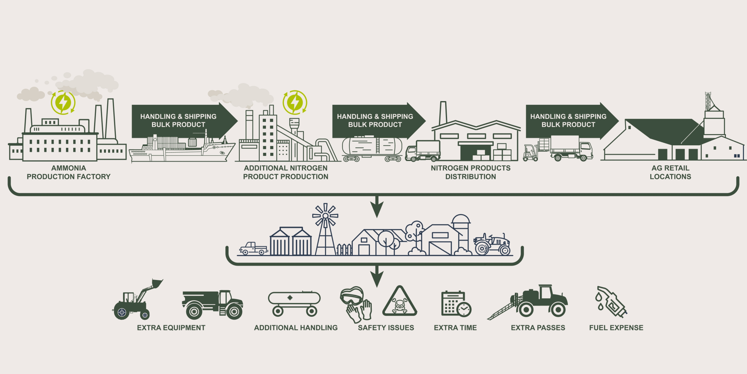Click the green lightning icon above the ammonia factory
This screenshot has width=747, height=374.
pos(63,102)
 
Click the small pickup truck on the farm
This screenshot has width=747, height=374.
pos(253,249)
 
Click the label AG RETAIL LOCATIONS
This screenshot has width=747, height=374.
pos(670,172)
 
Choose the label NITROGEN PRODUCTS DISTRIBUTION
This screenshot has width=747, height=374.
pos(470,172)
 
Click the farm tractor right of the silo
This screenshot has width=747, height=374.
pos(492,244)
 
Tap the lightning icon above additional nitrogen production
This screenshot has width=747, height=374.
pos(295,102)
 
